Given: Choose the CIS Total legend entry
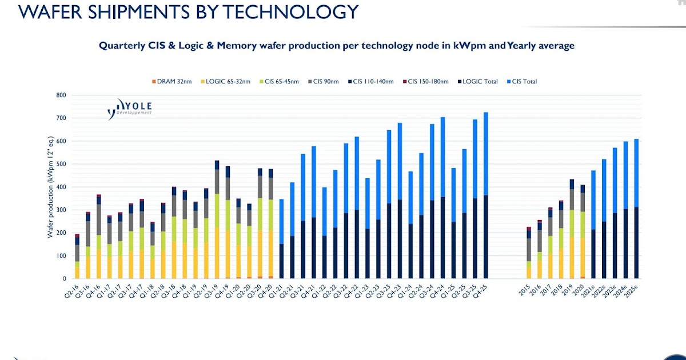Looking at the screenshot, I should click(x=521, y=82).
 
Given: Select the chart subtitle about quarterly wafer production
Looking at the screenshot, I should click(x=337, y=45).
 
